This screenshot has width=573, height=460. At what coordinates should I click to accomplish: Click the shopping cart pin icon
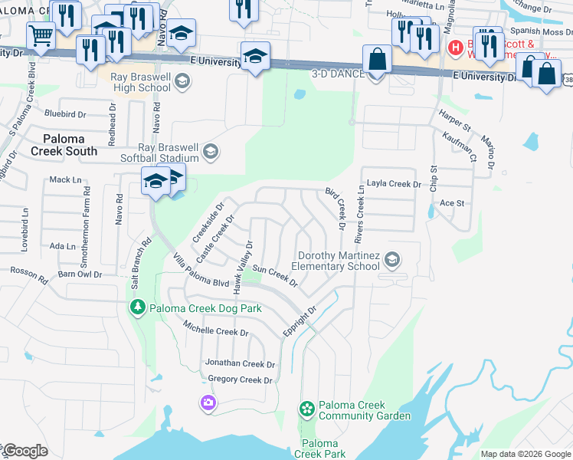point(41,34)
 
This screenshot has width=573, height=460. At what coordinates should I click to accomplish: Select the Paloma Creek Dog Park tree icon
point(136,307)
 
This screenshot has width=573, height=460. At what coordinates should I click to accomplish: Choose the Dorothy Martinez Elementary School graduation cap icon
point(392,260)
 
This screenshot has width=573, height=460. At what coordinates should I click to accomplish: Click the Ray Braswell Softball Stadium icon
point(211,153)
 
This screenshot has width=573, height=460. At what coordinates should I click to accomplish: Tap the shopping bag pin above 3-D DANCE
point(377,58)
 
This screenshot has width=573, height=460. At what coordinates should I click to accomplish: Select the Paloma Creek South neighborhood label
point(70,144)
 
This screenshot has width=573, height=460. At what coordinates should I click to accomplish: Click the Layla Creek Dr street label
point(395,184)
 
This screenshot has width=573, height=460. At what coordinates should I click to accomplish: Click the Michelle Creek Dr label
point(215,330)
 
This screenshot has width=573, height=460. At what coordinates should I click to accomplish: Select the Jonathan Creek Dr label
point(239,363)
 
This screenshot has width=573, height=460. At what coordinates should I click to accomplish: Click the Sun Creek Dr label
point(274,275)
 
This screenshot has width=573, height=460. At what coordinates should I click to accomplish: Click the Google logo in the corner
point(25,451)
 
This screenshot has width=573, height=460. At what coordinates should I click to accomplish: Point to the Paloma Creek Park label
point(319,449)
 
